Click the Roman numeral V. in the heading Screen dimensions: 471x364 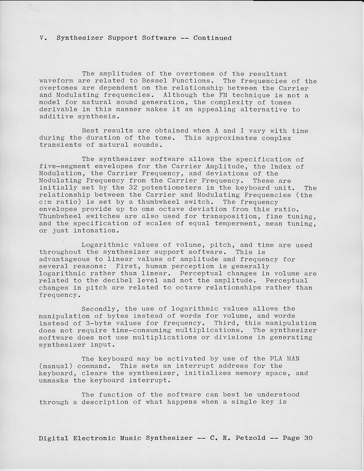(x=42, y=38)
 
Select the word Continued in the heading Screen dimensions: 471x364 (x=212, y=38)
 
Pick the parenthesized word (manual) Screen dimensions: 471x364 (x=54, y=366)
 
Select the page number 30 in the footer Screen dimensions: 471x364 (x=308, y=438)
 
